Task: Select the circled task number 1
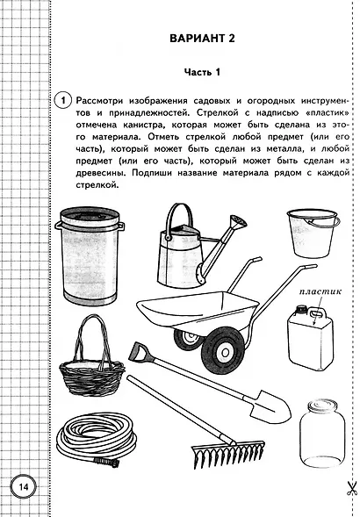(61, 97)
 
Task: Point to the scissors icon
(349, 488)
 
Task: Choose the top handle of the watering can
(180, 214)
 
